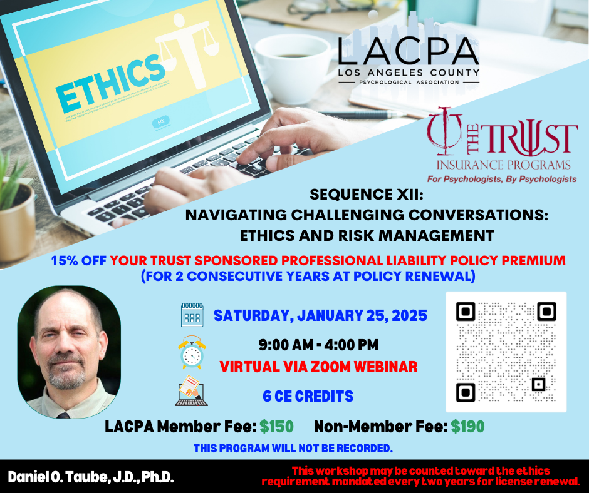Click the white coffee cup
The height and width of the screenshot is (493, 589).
[x=294, y=68]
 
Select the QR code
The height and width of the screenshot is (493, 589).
[x=506, y=352]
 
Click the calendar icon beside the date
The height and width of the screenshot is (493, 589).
[x=192, y=315]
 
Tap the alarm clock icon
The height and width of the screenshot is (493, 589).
[x=192, y=353]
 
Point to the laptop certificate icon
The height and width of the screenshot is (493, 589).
[x=191, y=391]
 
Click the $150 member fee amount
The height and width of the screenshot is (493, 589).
[x=276, y=427]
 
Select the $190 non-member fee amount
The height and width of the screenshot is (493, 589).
[x=467, y=427]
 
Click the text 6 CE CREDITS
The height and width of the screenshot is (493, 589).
[x=308, y=396]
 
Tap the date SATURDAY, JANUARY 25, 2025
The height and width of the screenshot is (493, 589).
[x=320, y=315]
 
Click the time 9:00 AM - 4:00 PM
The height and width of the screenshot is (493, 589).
[x=318, y=345]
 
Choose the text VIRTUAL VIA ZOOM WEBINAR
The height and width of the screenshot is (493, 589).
[x=318, y=367]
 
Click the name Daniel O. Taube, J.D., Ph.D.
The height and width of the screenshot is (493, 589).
[x=91, y=477]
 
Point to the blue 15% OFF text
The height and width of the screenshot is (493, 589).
[x=78, y=260]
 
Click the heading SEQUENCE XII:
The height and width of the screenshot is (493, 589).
[x=367, y=195]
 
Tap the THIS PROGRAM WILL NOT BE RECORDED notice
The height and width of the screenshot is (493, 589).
[x=293, y=449]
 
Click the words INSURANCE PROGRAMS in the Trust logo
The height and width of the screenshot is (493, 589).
[x=503, y=165]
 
